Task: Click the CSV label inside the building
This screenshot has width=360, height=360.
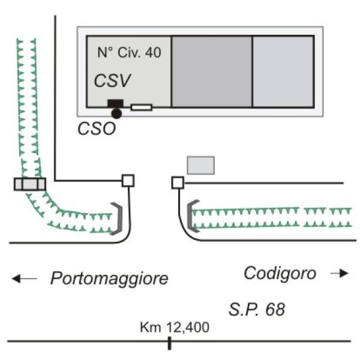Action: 112,80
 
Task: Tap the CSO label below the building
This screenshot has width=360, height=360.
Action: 97,128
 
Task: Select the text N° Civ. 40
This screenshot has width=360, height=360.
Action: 129,52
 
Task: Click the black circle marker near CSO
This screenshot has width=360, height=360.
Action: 116,113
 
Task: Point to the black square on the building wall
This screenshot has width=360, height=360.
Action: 115,103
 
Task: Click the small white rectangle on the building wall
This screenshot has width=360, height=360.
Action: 142,107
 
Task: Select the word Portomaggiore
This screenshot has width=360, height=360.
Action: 109,278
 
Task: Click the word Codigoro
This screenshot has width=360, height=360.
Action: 280,273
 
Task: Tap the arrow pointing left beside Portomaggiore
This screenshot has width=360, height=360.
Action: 25,279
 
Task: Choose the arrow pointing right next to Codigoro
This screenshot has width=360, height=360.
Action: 340,273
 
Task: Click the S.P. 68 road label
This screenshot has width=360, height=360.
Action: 257,310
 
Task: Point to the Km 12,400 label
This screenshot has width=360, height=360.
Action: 175,327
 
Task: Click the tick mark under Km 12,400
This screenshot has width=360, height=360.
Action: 169,343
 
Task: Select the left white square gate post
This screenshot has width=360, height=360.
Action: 128,181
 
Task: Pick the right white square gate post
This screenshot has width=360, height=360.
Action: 178,183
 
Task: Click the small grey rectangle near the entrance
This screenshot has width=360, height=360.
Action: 201,166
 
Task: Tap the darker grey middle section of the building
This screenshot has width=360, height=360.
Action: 212,71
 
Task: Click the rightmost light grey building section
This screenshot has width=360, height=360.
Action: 283,71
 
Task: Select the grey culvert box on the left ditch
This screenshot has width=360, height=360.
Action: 30,184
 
